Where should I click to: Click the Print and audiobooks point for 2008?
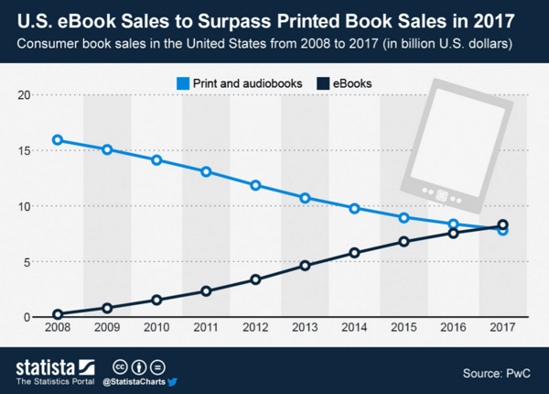pyautogui.click(x=58, y=140)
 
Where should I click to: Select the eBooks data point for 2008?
pyautogui.click(x=58, y=313)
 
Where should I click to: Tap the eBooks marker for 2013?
pyautogui.click(x=305, y=266)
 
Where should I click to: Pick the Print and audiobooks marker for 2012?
pyautogui.click(x=255, y=185)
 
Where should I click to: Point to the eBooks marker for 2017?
pyautogui.click(x=502, y=225)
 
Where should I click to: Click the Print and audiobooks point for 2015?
pyautogui.click(x=404, y=217)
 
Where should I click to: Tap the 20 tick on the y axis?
pyautogui.click(x=25, y=95)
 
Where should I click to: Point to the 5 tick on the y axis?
pyautogui.click(x=27, y=262)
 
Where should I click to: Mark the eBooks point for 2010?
pyautogui.click(x=156, y=300)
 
